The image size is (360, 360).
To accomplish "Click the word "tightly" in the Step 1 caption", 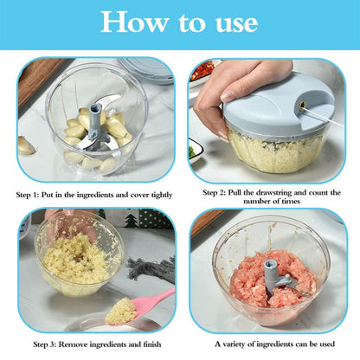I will [161, 193].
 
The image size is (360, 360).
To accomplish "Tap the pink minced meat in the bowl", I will [251, 281].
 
